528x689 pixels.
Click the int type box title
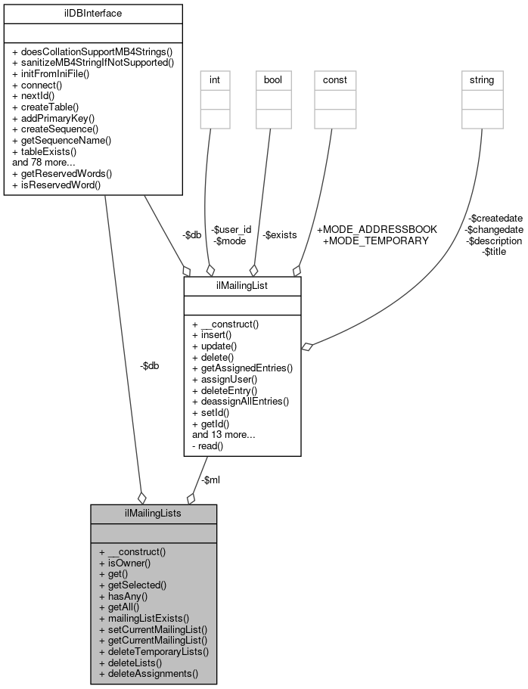pos(214,79)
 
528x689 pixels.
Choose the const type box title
pos(330,79)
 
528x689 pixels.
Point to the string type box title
pos(482,79)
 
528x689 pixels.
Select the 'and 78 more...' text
pos(44,162)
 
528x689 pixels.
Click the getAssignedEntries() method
pos(242,368)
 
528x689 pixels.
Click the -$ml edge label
pos(210,479)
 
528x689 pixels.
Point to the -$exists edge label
pos(279,235)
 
